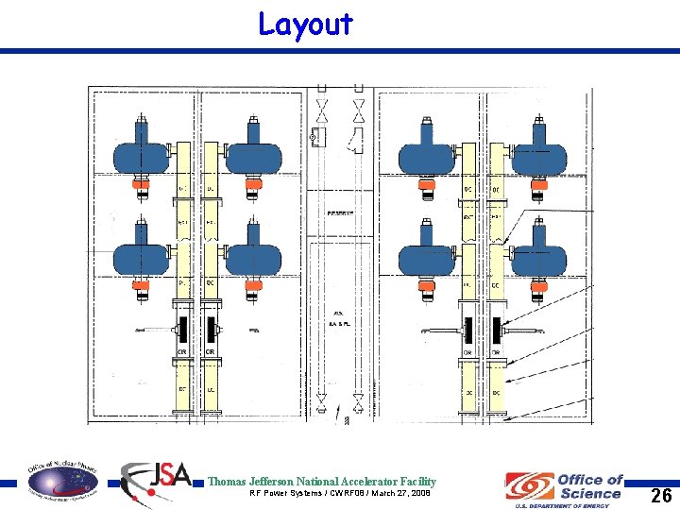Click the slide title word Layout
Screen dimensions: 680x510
click(305, 25)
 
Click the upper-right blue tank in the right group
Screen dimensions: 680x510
click(538, 153)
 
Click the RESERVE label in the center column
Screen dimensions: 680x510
click(340, 213)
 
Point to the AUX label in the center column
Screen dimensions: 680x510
click(338, 314)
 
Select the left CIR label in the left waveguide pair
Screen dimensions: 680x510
click(182, 352)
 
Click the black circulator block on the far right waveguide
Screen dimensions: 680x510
click(498, 330)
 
